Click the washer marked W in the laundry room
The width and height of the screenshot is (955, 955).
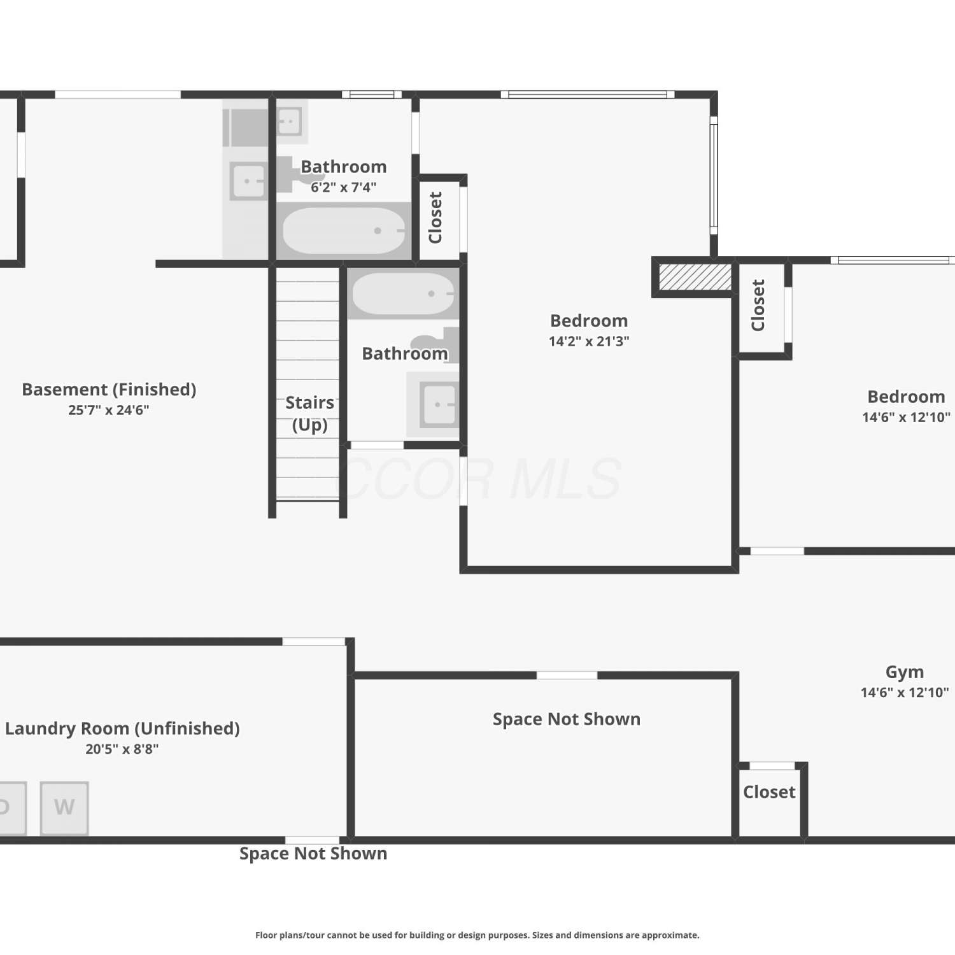point(64,808)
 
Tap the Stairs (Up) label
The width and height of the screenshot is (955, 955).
point(309,413)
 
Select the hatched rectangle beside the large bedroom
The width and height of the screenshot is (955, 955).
point(695,277)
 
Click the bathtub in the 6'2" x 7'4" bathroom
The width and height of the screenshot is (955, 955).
point(344,230)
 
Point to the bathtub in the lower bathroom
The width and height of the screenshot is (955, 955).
point(403,294)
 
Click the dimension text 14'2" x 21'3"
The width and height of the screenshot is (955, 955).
point(589,341)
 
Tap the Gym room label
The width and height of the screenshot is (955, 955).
point(905,672)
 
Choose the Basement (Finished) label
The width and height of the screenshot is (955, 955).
point(109,390)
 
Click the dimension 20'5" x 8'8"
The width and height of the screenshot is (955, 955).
point(122,749)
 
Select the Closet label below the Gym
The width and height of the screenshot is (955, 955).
point(769,792)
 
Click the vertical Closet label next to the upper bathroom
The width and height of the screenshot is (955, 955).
point(435,218)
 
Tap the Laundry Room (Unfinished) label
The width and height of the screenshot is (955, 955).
point(122,728)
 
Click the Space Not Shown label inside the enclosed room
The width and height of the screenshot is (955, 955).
point(567,719)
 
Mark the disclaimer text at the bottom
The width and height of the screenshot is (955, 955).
point(478,935)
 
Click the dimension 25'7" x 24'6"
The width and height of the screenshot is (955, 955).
point(109,410)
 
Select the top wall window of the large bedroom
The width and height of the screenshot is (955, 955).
point(588,95)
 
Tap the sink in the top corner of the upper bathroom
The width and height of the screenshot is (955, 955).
point(289,121)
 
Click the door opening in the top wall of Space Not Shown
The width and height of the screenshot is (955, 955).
point(567,676)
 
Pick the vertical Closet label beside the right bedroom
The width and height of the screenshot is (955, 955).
point(758,306)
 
